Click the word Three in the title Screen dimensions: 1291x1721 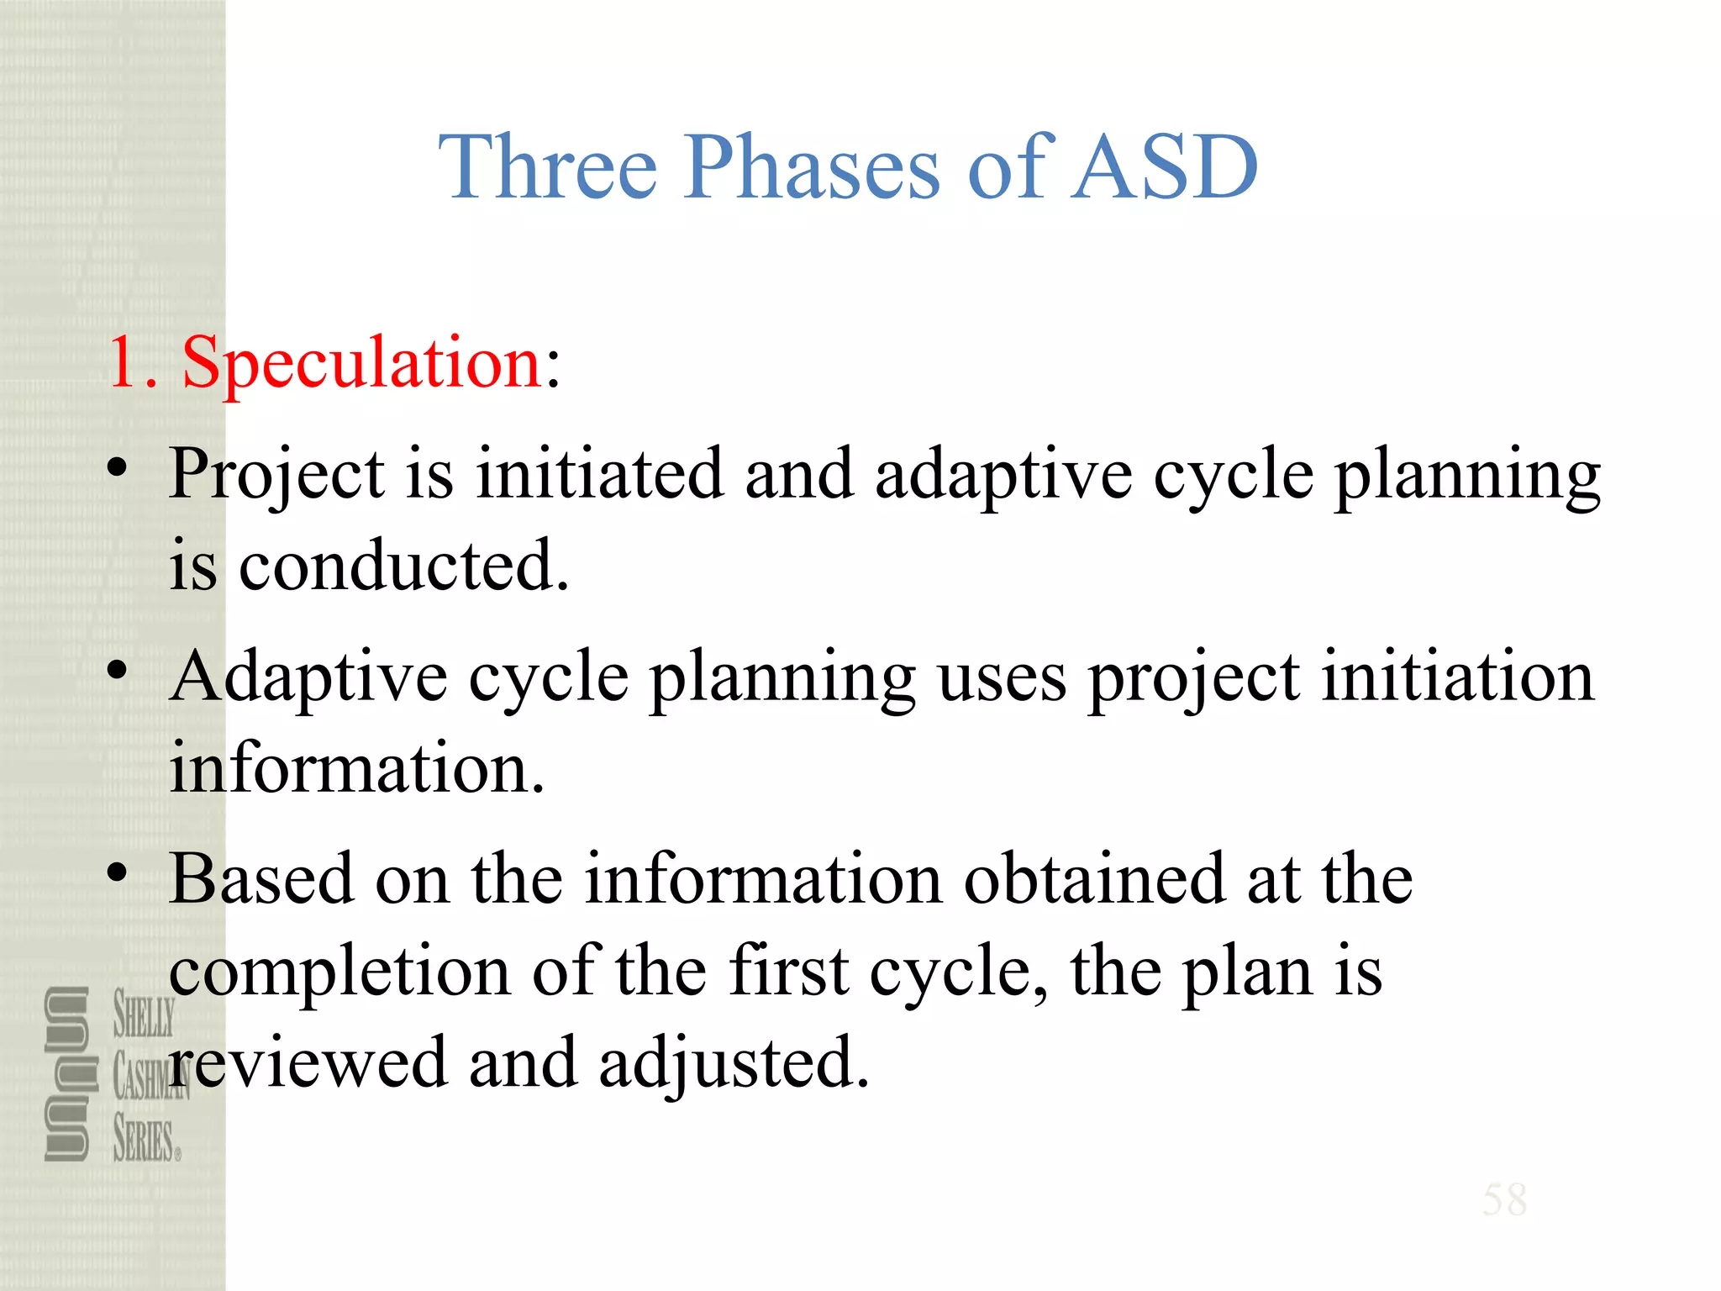click(x=547, y=167)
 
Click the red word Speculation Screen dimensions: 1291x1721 click(x=362, y=362)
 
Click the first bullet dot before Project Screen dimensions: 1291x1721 click(x=118, y=466)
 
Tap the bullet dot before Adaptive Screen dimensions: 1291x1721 click(x=118, y=670)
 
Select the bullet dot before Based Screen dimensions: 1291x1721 click(x=118, y=872)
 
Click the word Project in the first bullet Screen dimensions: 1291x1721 click(x=277, y=475)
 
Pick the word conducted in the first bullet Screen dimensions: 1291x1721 click(x=403, y=566)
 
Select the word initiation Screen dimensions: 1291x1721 click(x=1457, y=677)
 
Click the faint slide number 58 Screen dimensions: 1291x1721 click(x=1504, y=1199)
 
